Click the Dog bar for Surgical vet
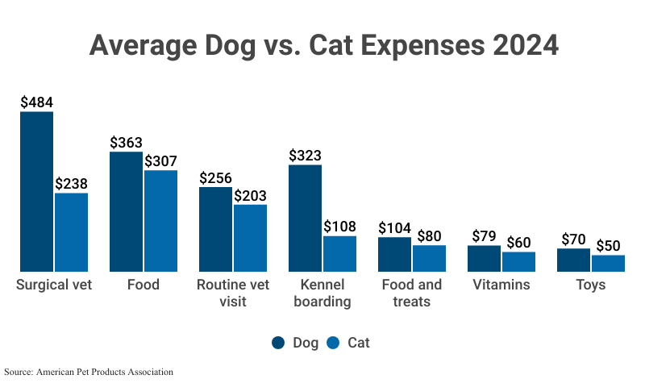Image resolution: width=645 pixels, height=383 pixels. tap(37, 191)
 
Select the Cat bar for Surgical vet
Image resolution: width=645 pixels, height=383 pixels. tap(72, 232)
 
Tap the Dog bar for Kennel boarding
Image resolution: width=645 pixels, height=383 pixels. tap(306, 218)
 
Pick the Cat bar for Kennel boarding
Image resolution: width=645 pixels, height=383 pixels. tap(340, 253)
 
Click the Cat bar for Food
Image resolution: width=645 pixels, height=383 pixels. tap(161, 220)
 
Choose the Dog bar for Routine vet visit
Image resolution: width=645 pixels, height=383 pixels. tap(216, 229)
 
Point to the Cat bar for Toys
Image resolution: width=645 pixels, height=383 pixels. tap(609, 263)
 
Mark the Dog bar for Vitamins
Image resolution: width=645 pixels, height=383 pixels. tap(485, 258)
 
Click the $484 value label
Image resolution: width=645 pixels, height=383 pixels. tap(36, 102)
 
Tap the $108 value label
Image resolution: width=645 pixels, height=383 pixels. tap(340, 227)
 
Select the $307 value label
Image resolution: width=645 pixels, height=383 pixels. tap(161, 161)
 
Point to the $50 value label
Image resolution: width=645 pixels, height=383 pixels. tap(609, 246)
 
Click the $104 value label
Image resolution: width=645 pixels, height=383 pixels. tap(395, 228)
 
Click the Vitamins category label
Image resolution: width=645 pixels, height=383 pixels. tap(501, 285)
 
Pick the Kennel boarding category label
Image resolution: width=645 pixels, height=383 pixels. tap(323, 293)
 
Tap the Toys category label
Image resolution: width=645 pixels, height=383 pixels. tap(591, 285)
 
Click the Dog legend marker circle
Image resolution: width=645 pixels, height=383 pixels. tap(279, 343)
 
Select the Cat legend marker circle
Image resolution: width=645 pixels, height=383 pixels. tap(333, 343)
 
